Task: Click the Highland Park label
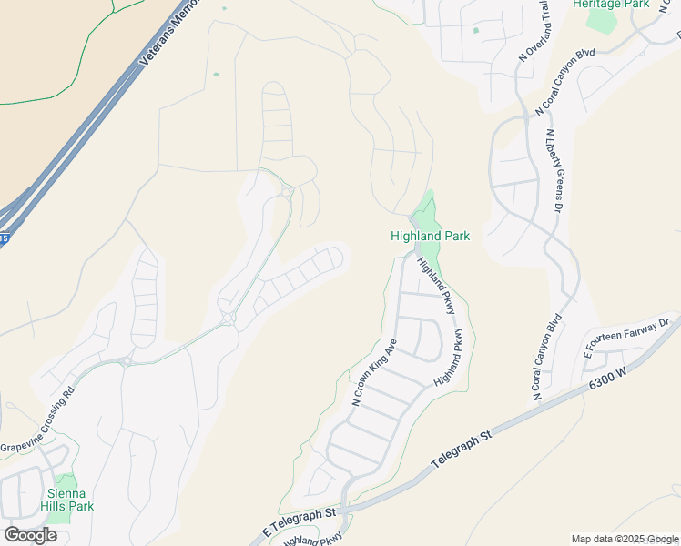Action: pos(430,237)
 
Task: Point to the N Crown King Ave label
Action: pos(374,372)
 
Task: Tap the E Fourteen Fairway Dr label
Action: pos(627,337)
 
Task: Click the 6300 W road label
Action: pos(607,378)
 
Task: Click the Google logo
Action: pos(29,535)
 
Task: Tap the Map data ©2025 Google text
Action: pos(625,539)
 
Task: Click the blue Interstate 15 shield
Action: pos(5,238)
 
